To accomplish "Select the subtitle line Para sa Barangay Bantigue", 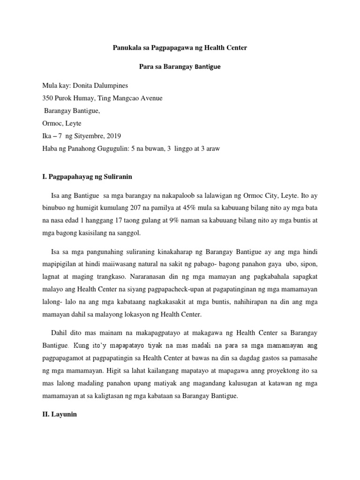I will point(180,67).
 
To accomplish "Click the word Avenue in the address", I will point(151,98).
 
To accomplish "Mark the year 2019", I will point(113,136).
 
